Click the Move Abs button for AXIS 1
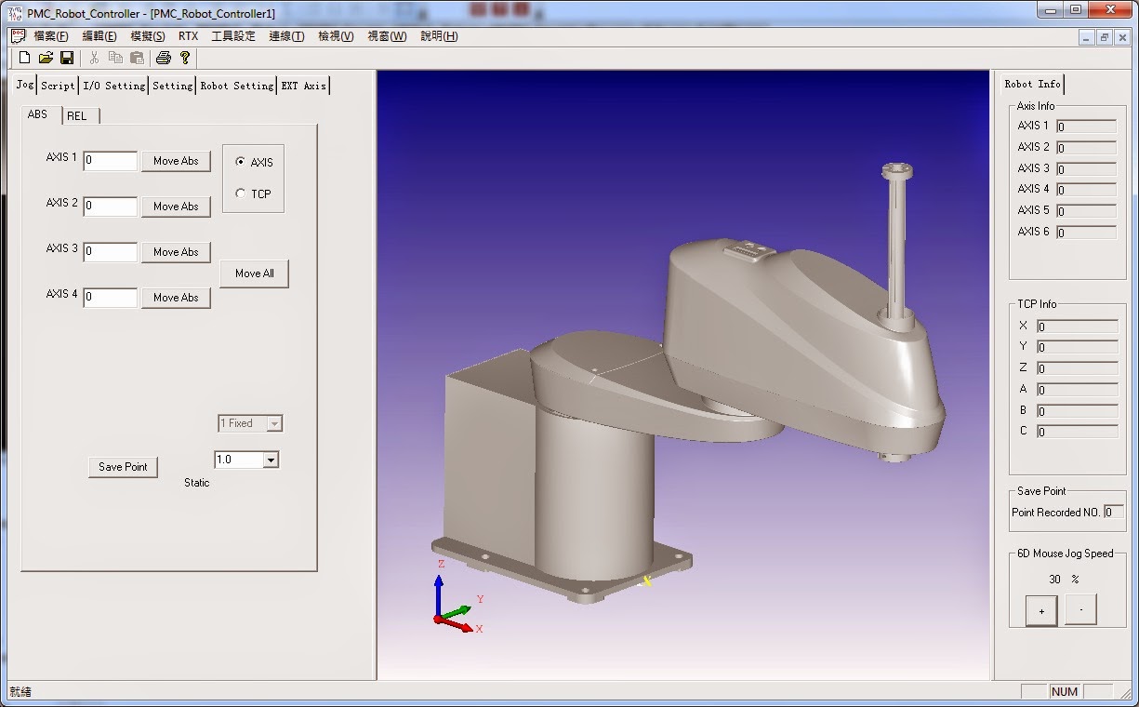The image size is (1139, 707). pyautogui.click(x=176, y=161)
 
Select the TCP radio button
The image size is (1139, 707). pyautogui.click(x=241, y=193)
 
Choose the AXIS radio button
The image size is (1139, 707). pyautogui.click(x=241, y=162)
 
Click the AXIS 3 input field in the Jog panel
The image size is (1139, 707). pyautogui.click(x=111, y=252)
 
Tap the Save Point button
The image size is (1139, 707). pyautogui.click(x=123, y=467)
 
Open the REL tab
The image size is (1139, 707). pyautogui.click(x=77, y=116)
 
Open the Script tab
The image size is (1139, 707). pyautogui.click(x=58, y=86)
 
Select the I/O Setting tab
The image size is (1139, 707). pyautogui.click(x=113, y=86)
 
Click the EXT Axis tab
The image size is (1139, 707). pyautogui.click(x=303, y=86)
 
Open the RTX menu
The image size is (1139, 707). pyautogui.click(x=188, y=36)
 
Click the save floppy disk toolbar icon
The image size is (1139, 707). pyautogui.click(x=67, y=58)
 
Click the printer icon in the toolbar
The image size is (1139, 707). pyautogui.click(x=164, y=58)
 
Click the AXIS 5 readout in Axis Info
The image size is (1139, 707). pyautogui.click(x=1086, y=211)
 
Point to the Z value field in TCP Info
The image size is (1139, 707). pyautogui.click(x=1077, y=369)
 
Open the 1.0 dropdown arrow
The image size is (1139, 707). pyautogui.click(x=271, y=460)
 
